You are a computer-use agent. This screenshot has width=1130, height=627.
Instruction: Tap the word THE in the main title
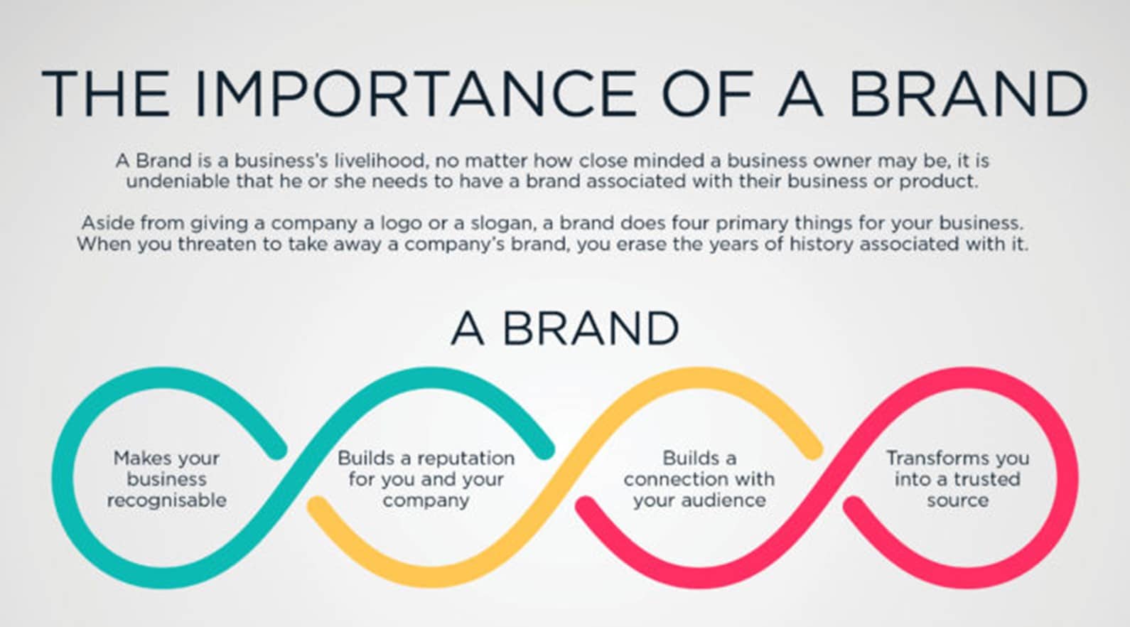pos(106,94)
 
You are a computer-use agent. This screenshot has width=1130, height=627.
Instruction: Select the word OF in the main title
pos(709,94)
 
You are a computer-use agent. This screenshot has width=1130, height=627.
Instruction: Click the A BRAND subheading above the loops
pos(565,328)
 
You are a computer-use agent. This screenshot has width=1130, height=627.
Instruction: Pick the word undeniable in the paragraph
pos(178,181)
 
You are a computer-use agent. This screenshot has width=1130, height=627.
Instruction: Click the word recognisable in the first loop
pos(167,501)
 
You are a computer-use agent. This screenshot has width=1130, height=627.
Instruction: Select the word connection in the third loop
pos(669,480)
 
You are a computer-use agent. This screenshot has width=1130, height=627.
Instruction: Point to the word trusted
pos(986,479)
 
